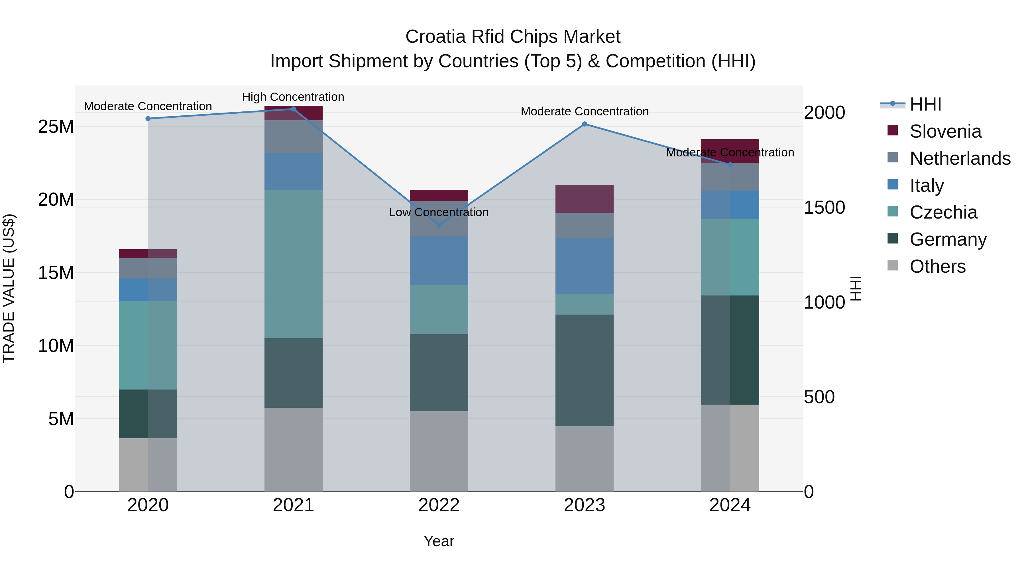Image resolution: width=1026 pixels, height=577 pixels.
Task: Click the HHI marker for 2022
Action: coord(439,225)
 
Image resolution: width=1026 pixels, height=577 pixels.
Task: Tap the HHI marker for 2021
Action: coord(294,109)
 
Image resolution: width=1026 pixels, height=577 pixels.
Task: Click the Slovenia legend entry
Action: coord(945,131)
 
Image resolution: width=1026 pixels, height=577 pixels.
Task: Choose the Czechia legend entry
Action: coord(943,212)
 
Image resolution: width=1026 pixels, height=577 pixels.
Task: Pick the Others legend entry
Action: coord(937,266)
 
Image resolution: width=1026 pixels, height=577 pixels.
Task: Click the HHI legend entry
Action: coord(925,104)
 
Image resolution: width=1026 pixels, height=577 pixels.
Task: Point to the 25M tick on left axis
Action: coord(56,127)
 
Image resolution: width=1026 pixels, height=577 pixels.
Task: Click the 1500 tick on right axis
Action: coord(824,207)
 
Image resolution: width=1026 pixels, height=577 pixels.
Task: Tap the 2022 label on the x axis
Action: coord(439,505)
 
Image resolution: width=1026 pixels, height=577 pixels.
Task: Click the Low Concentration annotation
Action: coord(439,212)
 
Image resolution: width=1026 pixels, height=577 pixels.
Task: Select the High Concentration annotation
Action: coord(293,97)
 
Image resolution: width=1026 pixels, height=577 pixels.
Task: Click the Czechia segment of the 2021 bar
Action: coord(294,264)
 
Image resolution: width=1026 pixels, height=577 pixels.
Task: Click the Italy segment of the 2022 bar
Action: coord(439,261)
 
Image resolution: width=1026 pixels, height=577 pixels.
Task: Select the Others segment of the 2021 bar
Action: coord(294,449)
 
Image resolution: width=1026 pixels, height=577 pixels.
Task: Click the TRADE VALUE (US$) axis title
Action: coord(9,288)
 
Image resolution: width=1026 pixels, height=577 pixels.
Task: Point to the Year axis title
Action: coord(439,541)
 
